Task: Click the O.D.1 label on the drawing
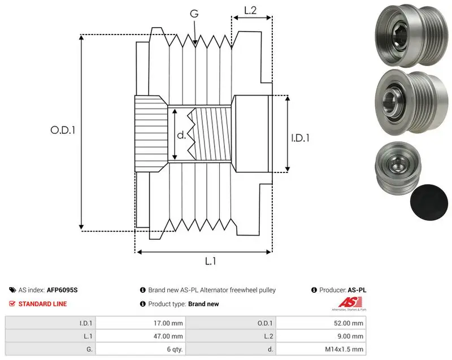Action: [63, 131]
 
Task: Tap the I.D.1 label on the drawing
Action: [300, 138]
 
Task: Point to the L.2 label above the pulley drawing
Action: [250, 10]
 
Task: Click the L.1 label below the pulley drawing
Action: [210, 261]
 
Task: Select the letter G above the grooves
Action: [194, 14]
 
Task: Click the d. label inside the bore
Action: [181, 135]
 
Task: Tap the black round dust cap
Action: [429, 202]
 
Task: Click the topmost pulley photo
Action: [412, 35]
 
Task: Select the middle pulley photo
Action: [412, 102]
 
